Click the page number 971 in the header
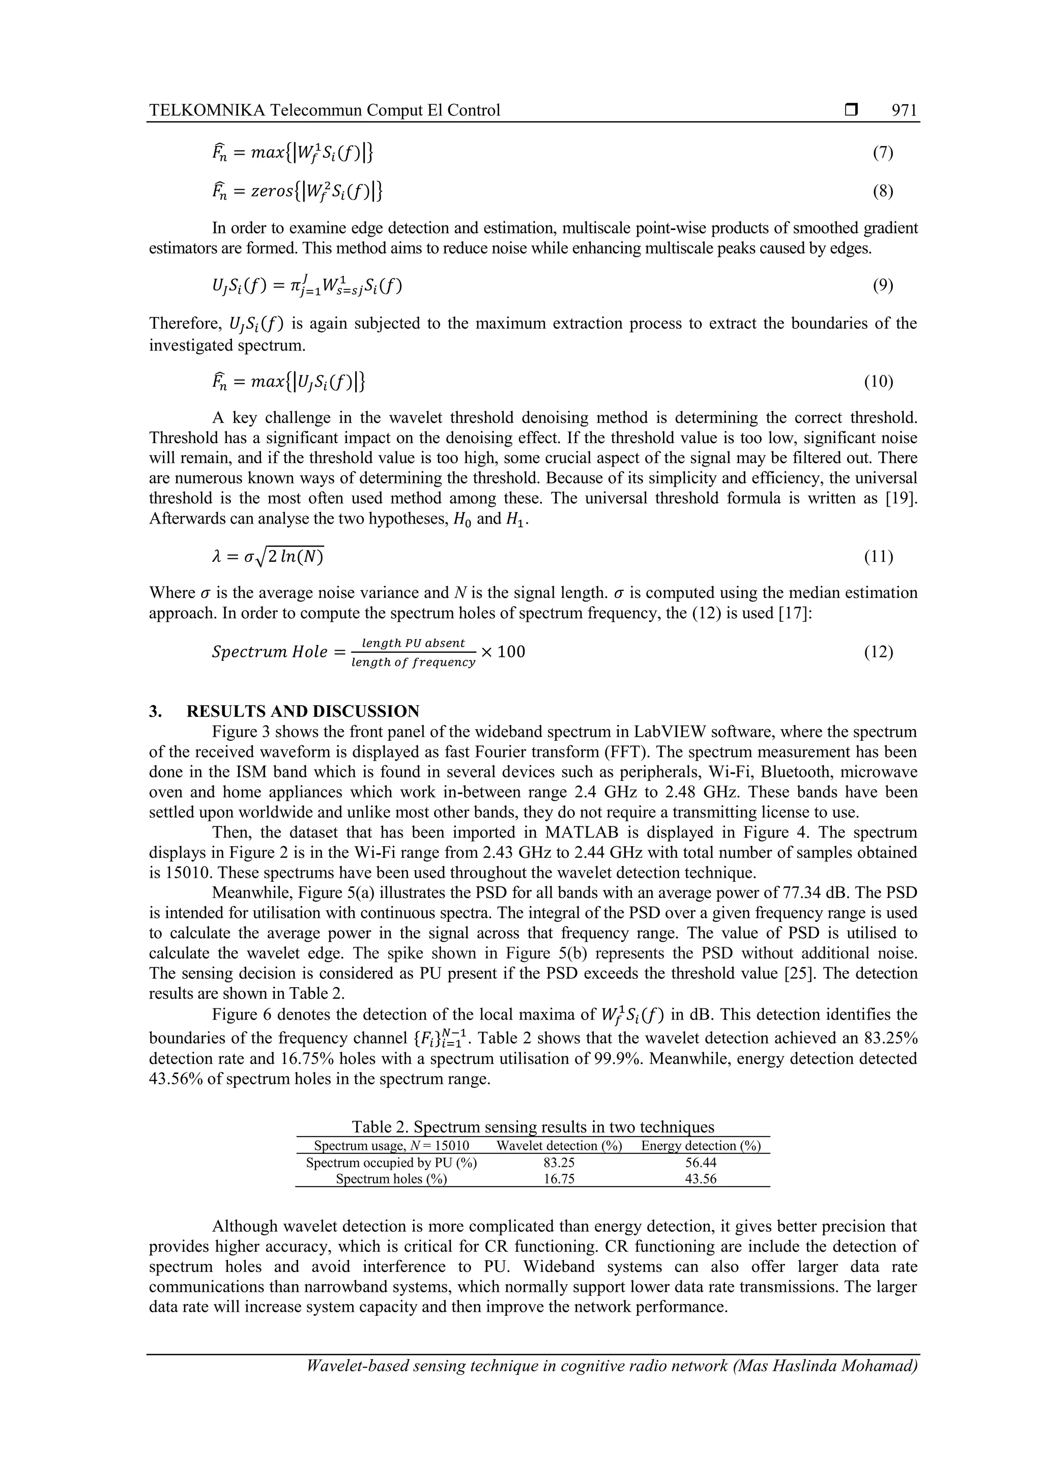coord(904,110)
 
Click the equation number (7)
coord(883,152)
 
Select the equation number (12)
coord(878,652)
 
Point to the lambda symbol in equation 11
coord(216,557)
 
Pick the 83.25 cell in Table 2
coord(559,1163)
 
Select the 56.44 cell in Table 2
coord(701,1163)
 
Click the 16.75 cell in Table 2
coord(559,1179)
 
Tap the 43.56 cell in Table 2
coord(701,1179)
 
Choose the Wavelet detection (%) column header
coord(559,1146)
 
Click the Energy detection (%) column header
coord(701,1146)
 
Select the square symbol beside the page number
coord(851,110)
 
